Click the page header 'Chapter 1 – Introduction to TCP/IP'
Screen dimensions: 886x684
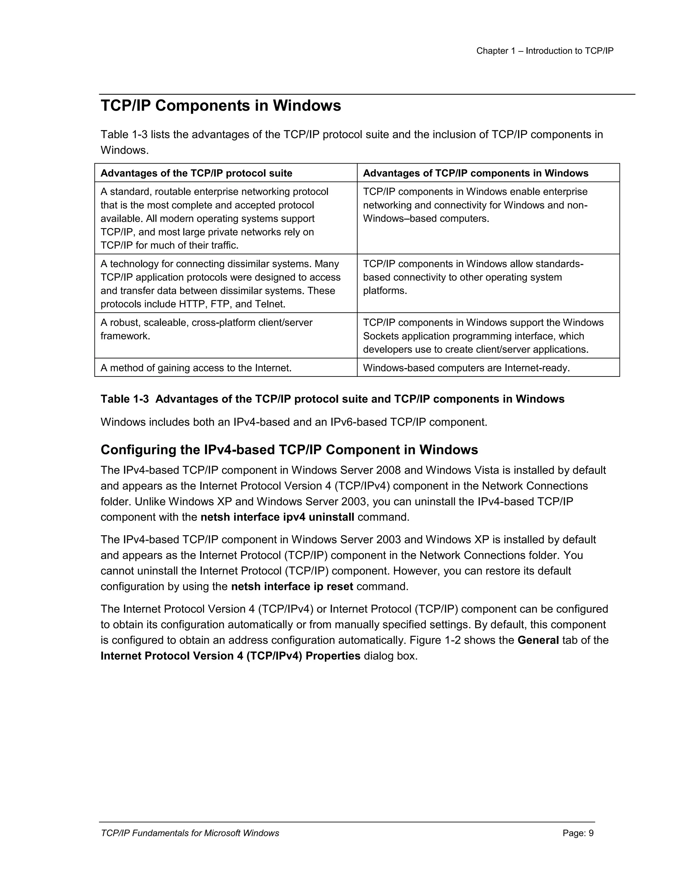[545, 51]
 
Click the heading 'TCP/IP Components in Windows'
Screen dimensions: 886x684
[220, 106]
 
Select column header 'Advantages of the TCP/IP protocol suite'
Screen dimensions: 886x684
[196, 173]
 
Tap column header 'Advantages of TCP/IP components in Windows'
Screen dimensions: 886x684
[475, 173]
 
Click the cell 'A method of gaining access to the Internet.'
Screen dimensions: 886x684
[196, 368]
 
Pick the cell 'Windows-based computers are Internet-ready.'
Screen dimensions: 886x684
[466, 368]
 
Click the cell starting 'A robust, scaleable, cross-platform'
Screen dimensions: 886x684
[206, 329]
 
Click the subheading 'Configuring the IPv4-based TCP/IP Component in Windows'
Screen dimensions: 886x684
[289, 450]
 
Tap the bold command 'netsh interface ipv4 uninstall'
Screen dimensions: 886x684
[277, 517]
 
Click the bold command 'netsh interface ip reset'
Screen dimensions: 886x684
[292, 587]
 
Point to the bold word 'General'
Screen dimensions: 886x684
[538, 640]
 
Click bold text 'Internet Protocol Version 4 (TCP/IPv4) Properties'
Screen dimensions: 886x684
[230, 656]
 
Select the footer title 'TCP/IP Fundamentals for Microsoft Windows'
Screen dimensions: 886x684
[190, 833]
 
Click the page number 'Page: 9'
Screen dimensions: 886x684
[578, 833]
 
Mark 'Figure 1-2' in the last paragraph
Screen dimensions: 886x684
[435, 640]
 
